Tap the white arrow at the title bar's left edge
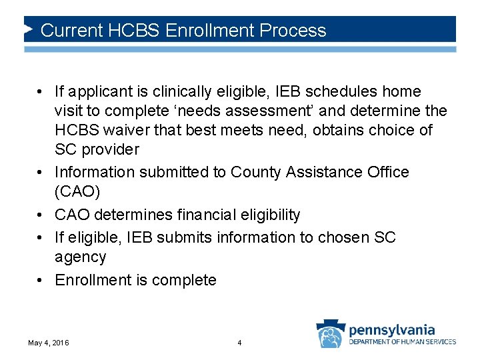tap(29, 30)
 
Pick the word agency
tap(80, 257)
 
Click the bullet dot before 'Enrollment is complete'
tap(41, 280)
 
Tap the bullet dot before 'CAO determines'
tap(41, 215)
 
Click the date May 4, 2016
tap(48, 343)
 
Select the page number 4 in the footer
tap(239, 343)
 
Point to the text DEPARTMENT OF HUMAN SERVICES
tap(403, 342)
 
